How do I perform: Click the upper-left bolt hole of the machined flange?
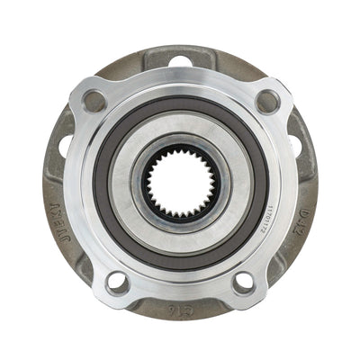(x=94, y=101)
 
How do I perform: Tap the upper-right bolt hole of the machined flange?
(x=267, y=101)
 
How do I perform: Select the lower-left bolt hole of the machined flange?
(x=117, y=282)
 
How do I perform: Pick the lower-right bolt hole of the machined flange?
(x=244, y=283)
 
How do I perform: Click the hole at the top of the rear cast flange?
(x=180, y=61)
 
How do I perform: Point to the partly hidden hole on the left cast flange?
(x=66, y=144)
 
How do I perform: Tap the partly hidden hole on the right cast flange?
(x=294, y=144)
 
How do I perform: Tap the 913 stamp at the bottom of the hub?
(x=180, y=308)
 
